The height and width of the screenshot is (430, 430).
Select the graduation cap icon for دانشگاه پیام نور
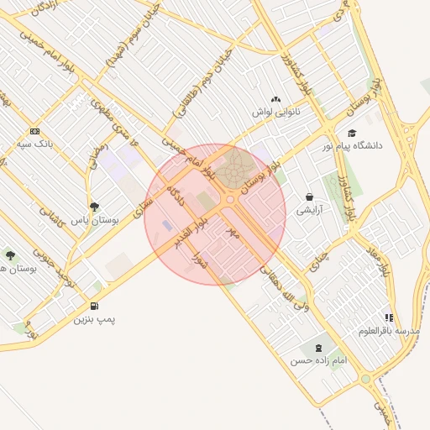(x=352, y=133)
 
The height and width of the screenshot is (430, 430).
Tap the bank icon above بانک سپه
(x=34, y=131)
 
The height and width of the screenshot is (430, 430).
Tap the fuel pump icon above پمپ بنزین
(x=93, y=307)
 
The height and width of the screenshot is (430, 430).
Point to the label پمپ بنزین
(x=93, y=319)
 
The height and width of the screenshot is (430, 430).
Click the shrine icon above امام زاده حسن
(x=317, y=347)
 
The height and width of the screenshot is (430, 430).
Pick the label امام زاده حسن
(x=317, y=360)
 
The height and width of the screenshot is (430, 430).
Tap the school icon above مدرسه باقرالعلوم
(x=388, y=317)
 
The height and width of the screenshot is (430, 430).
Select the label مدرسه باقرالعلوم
(x=388, y=330)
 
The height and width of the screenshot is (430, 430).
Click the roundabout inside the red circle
(x=229, y=199)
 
